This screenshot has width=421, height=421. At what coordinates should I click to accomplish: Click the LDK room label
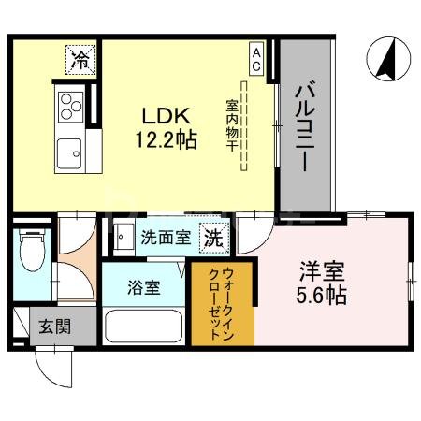click(x=166, y=116)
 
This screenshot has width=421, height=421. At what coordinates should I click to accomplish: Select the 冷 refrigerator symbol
click(x=81, y=61)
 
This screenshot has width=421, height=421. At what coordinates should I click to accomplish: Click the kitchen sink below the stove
click(x=71, y=150)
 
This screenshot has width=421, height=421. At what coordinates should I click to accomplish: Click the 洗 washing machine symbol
click(x=213, y=238)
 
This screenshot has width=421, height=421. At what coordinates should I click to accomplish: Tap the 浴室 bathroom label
click(x=144, y=286)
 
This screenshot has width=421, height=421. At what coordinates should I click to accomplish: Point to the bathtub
click(x=144, y=327)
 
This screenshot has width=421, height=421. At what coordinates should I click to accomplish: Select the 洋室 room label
click(x=322, y=273)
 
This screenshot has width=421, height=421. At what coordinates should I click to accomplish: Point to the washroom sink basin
click(x=123, y=237)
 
